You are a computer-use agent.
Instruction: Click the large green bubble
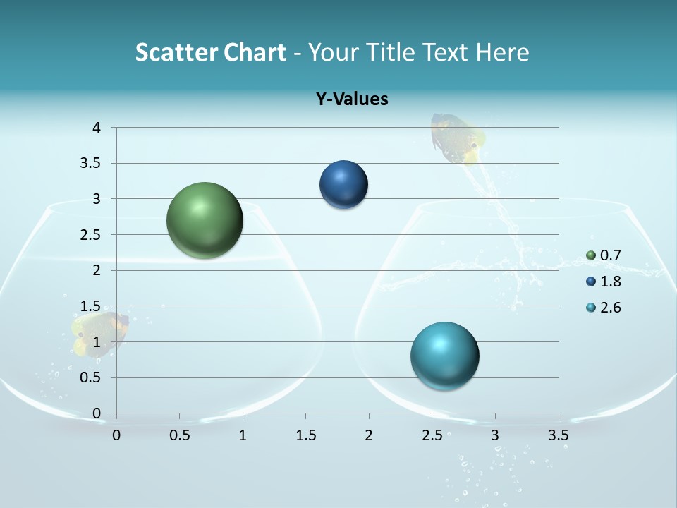pos(205,220)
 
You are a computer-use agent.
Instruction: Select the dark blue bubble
pos(343,185)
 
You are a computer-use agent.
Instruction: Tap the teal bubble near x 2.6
pos(444,355)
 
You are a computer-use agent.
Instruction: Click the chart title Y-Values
pos(351,99)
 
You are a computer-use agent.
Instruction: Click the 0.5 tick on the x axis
pos(180,435)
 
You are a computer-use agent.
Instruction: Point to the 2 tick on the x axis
pos(369,435)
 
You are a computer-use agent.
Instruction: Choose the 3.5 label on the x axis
pos(558,435)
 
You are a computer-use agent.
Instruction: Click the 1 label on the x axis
pos(243,435)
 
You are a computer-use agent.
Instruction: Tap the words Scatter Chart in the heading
pos(210,52)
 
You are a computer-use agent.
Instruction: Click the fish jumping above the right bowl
pos(457,137)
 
